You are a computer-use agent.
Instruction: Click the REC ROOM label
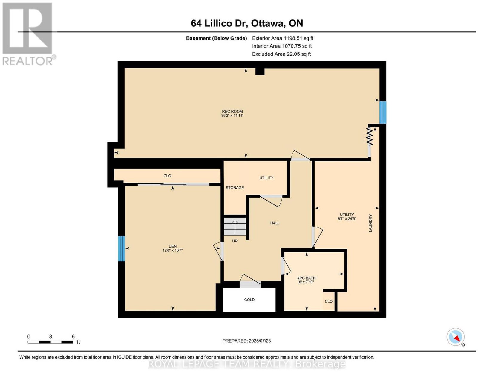232,111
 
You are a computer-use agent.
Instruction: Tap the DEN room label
173,246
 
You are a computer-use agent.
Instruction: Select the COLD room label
249,300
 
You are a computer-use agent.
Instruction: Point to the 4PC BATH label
307,278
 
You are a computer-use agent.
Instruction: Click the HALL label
275,223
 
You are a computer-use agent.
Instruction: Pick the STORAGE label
235,188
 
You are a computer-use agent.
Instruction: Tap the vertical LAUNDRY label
370,223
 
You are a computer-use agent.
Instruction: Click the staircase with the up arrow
235,226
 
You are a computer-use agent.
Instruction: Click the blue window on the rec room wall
383,112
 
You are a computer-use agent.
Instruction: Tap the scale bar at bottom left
50,342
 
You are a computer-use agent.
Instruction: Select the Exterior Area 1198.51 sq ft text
283,38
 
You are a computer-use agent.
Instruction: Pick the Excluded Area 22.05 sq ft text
281,54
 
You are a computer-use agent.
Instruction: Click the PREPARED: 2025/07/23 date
246,341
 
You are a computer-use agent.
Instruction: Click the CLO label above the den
167,176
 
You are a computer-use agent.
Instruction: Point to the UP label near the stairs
235,241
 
